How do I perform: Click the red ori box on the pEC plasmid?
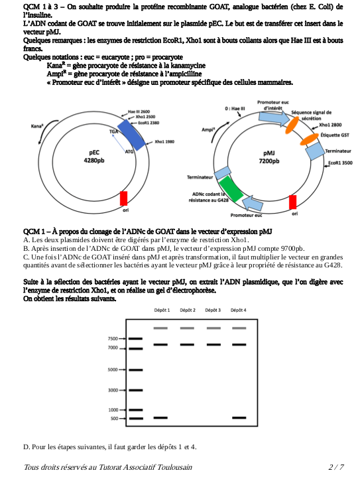[x=123, y=198]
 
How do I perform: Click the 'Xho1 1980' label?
[x=164, y=141]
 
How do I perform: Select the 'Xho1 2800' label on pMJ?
[x=330, y=125]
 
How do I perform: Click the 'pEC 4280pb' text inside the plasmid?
[x=93, y=156]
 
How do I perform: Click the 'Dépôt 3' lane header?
[x=213, y=310]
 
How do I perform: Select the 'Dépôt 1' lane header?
[x=161, y=310]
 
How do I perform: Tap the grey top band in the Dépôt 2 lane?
[x=187, y=328]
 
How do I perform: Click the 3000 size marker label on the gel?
[x=112, y=390]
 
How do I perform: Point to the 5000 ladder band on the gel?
[x=135, y=370]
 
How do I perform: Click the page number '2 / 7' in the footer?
[x=335, y=467]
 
